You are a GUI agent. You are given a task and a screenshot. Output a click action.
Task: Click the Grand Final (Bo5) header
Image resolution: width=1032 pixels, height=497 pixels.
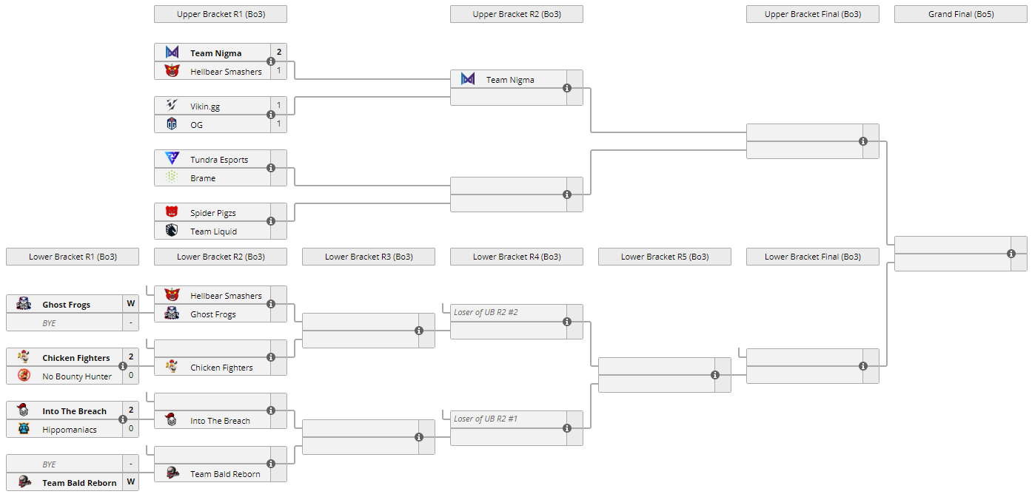coord(960,14)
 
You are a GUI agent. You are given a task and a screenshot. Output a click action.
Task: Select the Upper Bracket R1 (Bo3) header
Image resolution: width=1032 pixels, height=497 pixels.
coord(220,14)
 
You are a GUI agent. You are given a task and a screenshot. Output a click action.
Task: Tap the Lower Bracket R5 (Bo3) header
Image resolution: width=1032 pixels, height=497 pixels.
coord(664,257)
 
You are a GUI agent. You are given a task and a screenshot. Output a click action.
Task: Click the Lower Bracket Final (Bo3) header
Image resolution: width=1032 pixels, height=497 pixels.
coord(812,257)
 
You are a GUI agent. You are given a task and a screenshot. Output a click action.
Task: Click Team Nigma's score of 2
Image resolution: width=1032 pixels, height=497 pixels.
coord(278,53)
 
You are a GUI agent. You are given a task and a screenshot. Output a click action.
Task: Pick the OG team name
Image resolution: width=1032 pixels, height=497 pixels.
coord(196,125)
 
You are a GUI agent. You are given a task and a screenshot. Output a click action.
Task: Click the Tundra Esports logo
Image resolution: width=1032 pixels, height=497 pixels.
coord(172,159)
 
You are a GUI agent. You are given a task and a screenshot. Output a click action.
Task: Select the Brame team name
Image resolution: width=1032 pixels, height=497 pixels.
coord(203,178)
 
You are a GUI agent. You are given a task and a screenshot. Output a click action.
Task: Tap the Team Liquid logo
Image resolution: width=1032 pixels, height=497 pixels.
coord(172,231)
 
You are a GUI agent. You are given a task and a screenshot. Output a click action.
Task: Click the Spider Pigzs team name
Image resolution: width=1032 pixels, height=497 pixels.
coord(212,213)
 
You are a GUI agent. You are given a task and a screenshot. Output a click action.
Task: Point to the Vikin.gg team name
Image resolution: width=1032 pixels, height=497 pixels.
coord(204,106)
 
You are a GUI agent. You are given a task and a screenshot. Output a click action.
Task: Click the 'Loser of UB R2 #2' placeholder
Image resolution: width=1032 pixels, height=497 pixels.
coord(486,312)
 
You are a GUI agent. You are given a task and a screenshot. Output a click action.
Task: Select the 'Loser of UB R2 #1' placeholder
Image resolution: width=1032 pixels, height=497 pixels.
coord(486,419)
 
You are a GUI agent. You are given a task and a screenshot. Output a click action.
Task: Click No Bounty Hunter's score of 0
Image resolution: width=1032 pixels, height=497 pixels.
coord(130,376)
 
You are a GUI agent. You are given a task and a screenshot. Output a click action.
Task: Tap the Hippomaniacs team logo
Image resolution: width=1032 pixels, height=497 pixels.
coord(24,429)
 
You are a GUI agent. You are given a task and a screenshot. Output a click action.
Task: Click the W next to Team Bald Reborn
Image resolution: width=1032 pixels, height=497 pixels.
coord(130,482)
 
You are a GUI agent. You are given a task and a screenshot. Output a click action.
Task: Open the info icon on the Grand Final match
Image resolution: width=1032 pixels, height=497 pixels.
coord(1011,254)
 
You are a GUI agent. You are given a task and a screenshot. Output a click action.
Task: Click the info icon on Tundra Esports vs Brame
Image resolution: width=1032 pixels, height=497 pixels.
coord(271,168)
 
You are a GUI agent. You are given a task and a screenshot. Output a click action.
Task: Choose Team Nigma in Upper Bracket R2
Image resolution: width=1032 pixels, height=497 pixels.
coord(509,80)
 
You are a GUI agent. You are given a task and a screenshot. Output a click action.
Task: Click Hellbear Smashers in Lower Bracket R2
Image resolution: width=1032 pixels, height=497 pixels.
coord(226,296)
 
